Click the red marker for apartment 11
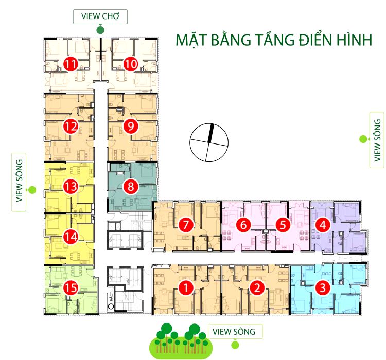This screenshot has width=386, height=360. pos(71,64)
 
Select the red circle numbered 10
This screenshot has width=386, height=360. pos(131,64)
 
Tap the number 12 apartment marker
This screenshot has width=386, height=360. pos(71,126)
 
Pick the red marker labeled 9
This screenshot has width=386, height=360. pos(131,126)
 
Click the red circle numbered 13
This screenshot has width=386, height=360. pos(71,187)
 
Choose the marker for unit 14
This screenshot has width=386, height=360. pos(71,237)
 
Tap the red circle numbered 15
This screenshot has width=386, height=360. pos(71,290)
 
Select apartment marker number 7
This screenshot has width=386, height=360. pos(184,224)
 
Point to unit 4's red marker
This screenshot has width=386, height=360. pos(323,224)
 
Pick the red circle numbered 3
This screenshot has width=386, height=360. pos(323,288)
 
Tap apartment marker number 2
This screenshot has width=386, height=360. pos(256,289)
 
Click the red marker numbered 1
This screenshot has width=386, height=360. pos(185,289)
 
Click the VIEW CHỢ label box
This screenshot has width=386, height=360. pos(100,16)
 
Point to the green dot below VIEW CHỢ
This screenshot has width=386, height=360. pos(100,30)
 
